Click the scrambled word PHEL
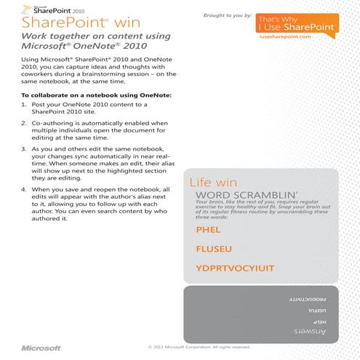pos(208,229)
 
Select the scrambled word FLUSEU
pos(213,249)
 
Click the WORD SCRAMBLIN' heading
pos(239,195)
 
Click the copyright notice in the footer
pos(199,347)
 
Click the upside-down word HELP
pos(318,321)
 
